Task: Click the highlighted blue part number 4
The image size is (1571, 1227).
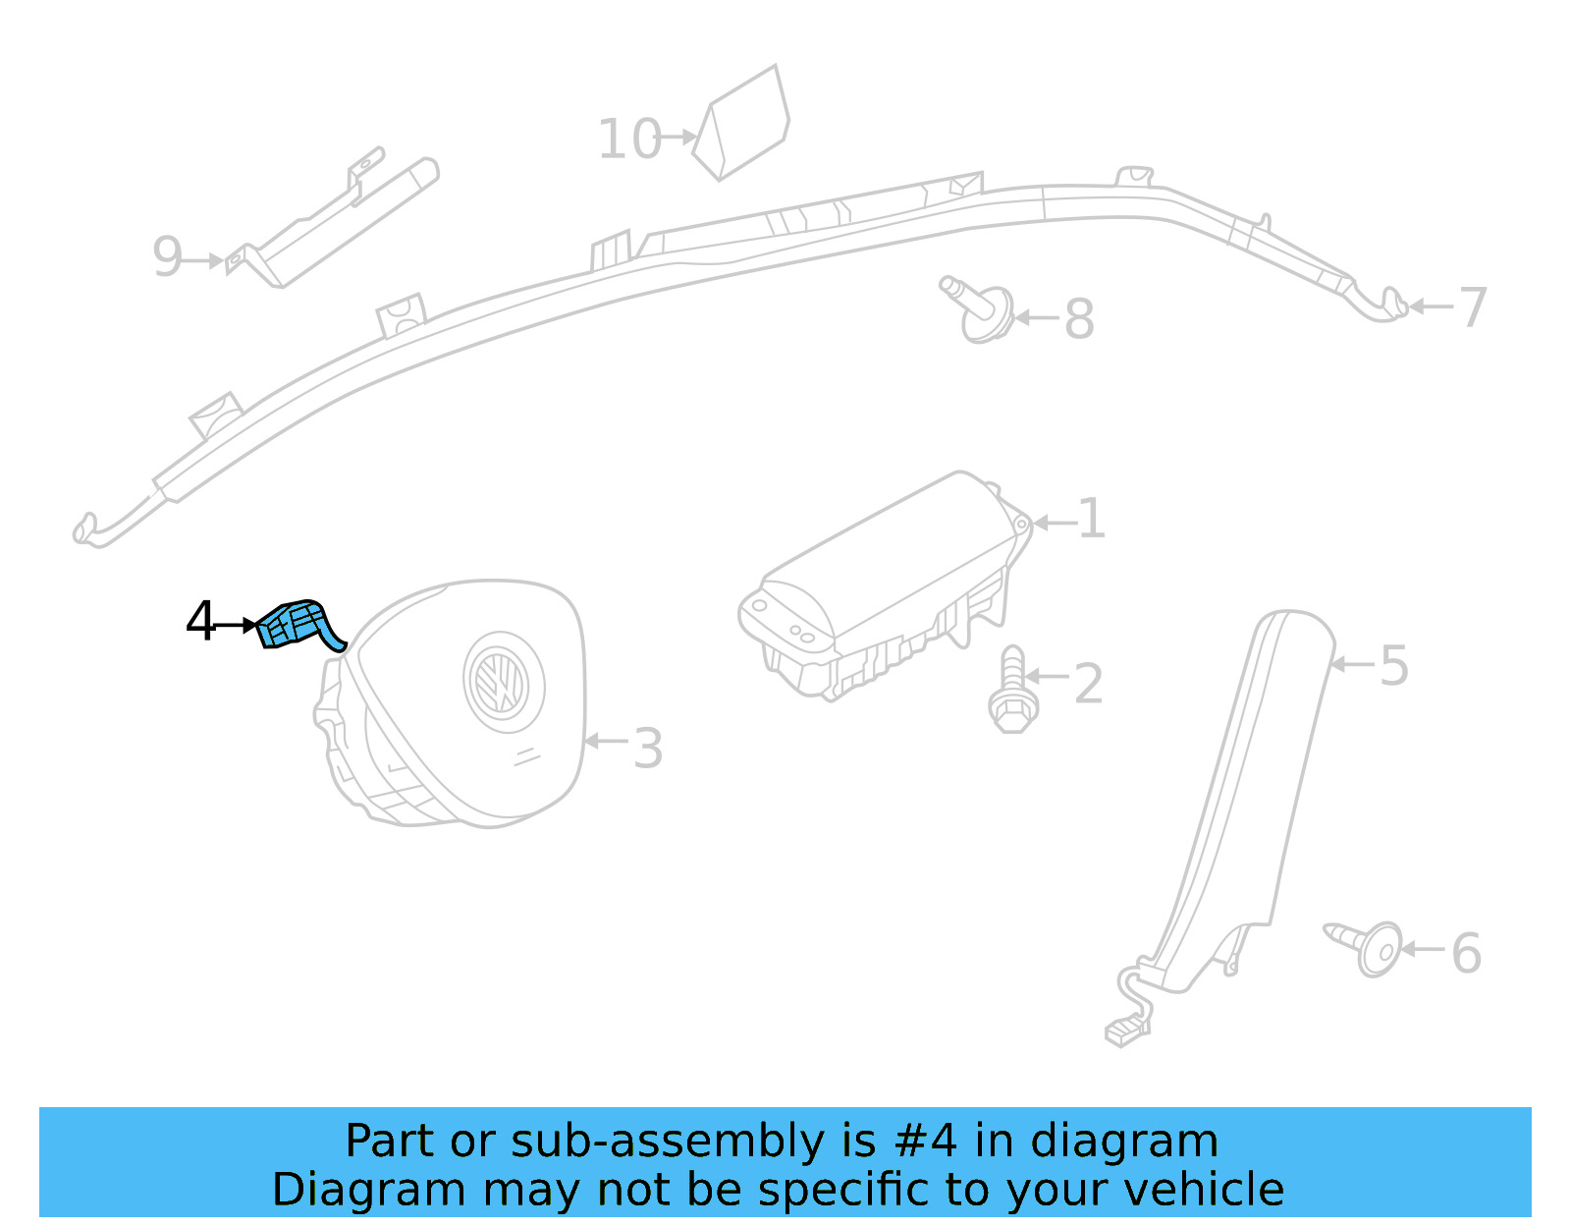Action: pyautogui.click(x=296, y=625)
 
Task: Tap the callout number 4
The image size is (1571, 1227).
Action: pyautogui.click(x=200, y=622)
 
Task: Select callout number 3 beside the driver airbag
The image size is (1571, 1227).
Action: pyautogui.click(x=647, y=749)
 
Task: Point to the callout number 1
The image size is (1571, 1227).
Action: pyautogui.click(x=1091, y=519)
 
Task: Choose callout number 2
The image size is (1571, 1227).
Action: pyautogui.click(x=1088, y=684)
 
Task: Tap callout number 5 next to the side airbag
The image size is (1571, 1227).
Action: pyautogui.click(x=1394, y=666)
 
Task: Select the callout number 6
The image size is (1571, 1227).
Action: pyautogui.click(x=1466, y=953)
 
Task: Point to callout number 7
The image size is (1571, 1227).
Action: pyautogui.click(x=1473, y=307)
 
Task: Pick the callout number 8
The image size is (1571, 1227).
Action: pyautogui.click(x=1079, y=319)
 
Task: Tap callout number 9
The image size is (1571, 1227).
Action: pyautogui.click(x=168, y=257)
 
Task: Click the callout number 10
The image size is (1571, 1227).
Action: pyautogui.click(x=629, y=139)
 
